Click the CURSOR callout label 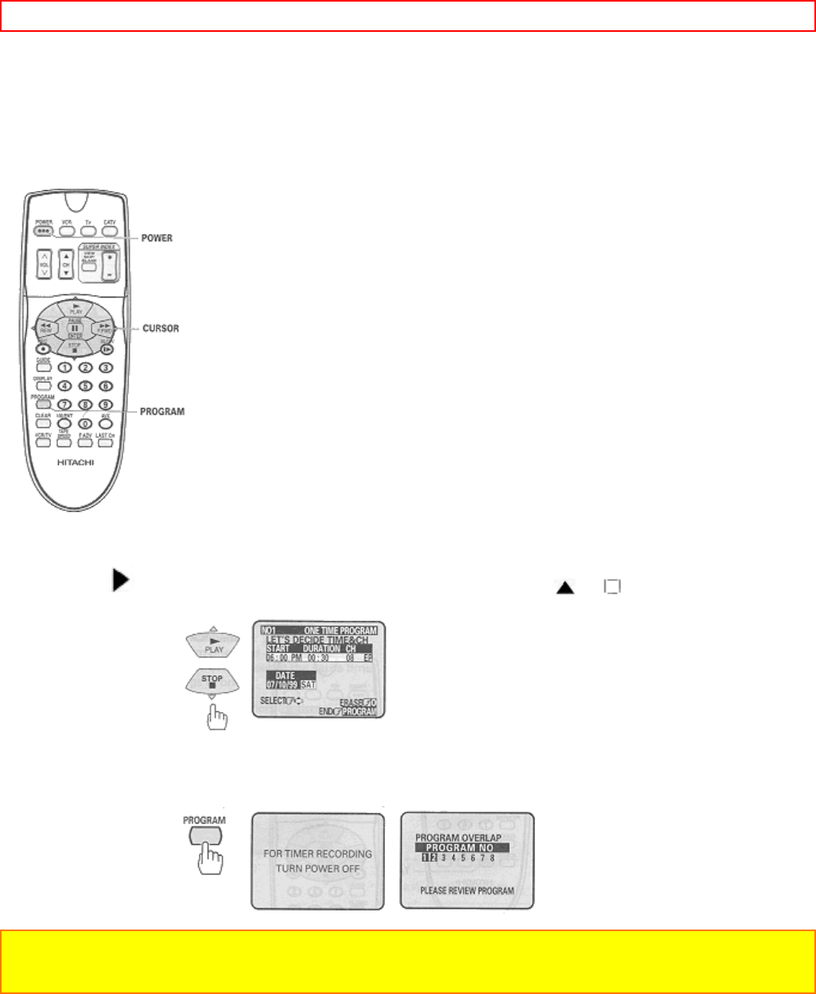161,329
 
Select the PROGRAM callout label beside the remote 162,411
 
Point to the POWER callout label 157,238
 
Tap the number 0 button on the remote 84,423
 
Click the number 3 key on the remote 104,368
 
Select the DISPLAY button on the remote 43,385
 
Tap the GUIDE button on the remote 43,367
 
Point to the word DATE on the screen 285,675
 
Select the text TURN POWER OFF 317,868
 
